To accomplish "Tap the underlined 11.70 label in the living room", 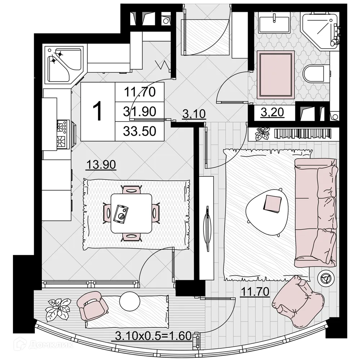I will [x=255, y=291].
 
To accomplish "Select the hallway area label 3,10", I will [x=194, y=114].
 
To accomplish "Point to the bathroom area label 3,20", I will [x=273, y=112].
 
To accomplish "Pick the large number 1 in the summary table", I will [x=98, y=111].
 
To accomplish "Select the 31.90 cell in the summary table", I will [x=140, y=112].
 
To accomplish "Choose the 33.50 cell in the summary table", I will [x=140, y=131].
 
